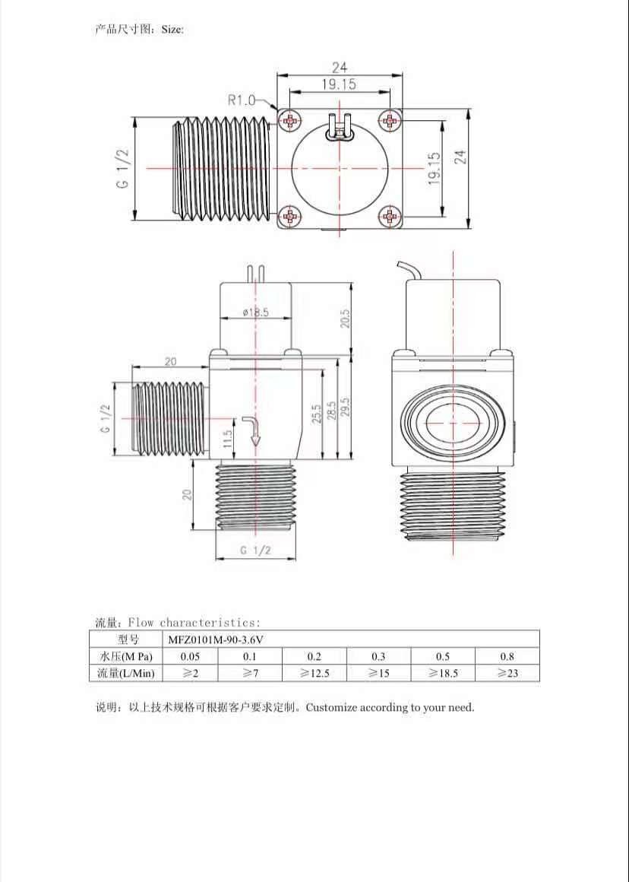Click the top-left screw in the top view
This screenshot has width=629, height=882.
click(290, 120)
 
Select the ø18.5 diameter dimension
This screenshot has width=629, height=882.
click(256, 313)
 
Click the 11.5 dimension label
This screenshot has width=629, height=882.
click(226, 437)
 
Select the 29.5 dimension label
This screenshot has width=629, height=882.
click(344, 412)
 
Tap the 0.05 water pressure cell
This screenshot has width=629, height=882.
click(190, 656)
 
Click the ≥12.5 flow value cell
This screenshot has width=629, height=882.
click(314, 673)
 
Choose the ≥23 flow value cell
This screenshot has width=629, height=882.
click(507, 673)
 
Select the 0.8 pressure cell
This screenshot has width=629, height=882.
click(507, 656)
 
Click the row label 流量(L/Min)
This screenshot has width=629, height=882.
click(126, 673)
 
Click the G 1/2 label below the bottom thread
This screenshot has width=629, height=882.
click(255, 550)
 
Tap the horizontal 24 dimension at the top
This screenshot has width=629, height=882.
click(339, 68)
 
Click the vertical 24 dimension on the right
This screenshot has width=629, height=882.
click(460, 157)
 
